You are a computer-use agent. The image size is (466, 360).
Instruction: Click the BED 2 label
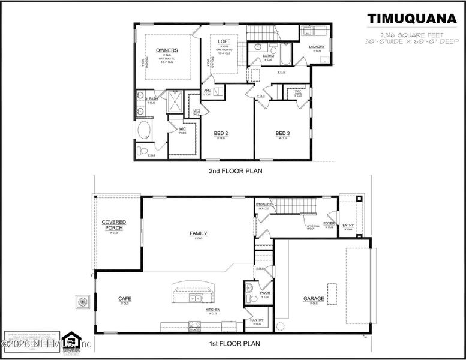(x=221, y=133)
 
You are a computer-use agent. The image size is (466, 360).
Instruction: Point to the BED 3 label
(x=282, y=133)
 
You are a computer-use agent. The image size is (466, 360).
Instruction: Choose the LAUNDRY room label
(x=317, y=47)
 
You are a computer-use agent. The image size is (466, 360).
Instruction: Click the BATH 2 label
(x=269, y=56)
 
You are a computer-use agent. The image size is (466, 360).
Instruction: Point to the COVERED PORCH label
(x=113, y=225)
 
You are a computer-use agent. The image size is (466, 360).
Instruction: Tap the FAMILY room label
(x=199, y=233)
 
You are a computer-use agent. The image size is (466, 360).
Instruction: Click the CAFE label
(x=125, y=299)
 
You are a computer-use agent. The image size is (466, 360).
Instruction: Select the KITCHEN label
(x=213, y=310)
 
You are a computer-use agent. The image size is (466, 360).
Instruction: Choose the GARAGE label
(x=314, y=299)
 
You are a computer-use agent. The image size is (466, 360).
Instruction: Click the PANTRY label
(x=257, y=320)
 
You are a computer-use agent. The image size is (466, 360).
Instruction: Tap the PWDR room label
(x=264, y=293)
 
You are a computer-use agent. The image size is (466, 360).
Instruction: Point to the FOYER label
(x=329, y=224)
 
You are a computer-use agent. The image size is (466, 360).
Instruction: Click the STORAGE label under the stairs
(x=264, y=205)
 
